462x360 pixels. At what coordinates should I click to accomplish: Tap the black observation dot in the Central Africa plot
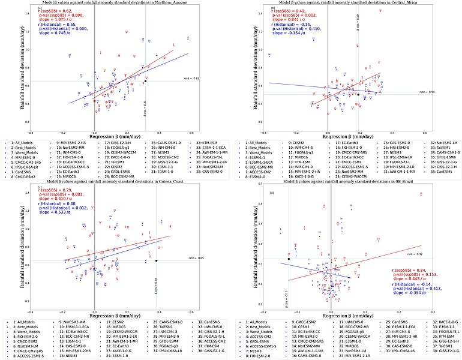pos(358,94)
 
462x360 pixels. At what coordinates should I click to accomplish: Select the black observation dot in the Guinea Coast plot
pos(156,260)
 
